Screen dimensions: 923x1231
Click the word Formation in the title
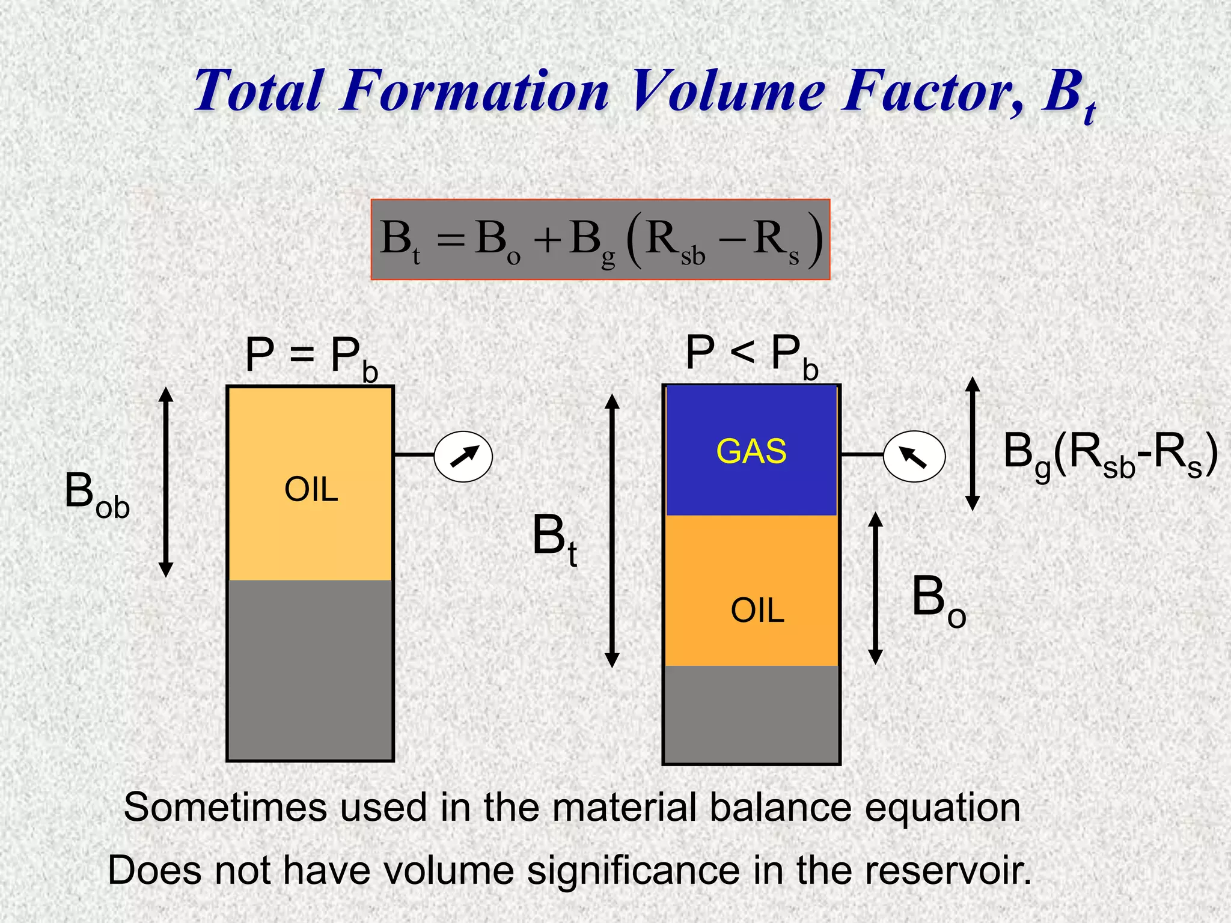pyautogui.click(x=475, y=91)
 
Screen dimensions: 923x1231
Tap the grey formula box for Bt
pyautogui.click(x=600, y=240)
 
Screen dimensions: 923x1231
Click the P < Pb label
pyautogui.click(x=751, y=355)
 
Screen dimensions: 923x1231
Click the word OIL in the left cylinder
pyautogui.click(x=311, y=489)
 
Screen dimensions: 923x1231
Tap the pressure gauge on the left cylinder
pyautogui.click(x=463, y=456)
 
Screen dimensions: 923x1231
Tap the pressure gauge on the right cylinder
pyautogui.click(x=914, y=457)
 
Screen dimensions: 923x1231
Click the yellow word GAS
pyautogui.click(x=751, y=451)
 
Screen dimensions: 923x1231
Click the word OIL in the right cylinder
pyautogui.click(x=757, y=611)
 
